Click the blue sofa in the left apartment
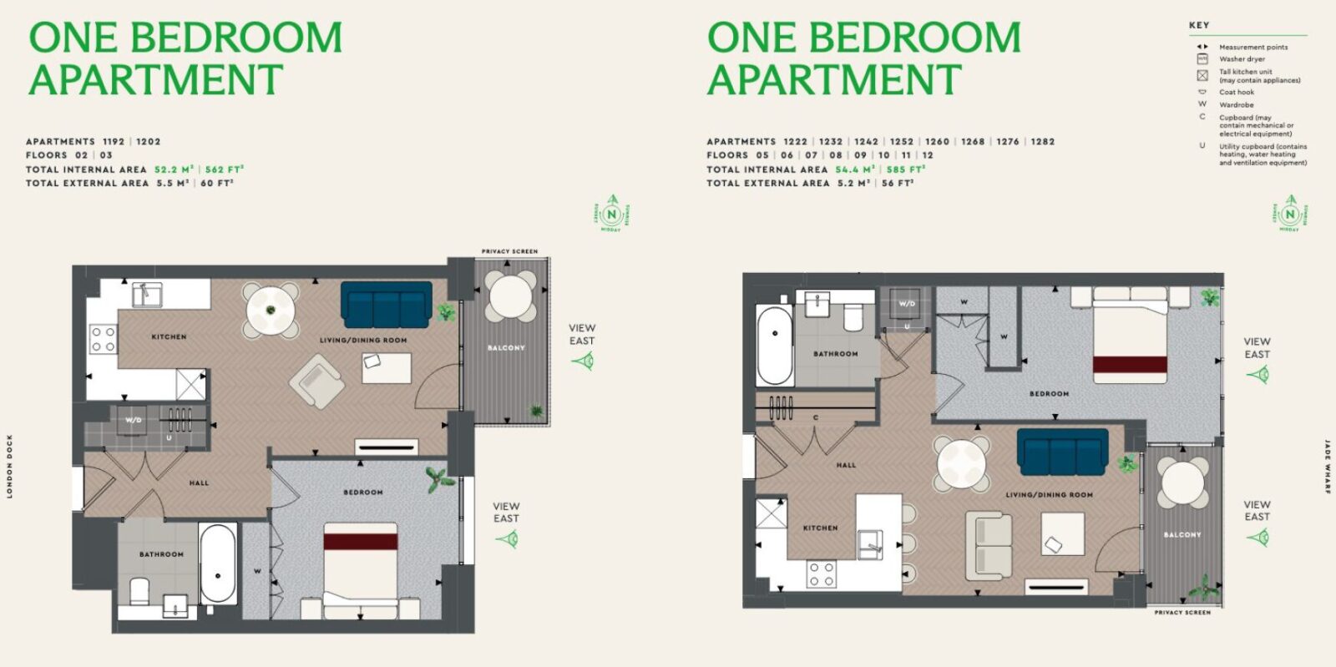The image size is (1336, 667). (386, 305)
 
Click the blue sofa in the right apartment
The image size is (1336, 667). (1062, 452)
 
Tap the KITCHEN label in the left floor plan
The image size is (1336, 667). (169, 337)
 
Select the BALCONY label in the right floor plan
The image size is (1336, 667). (1182, 535)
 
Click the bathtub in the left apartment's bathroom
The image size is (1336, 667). (218, 563)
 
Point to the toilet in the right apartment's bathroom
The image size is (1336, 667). (853, 318)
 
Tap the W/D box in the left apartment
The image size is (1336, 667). (134, 419)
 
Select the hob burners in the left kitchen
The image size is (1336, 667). (104, 340)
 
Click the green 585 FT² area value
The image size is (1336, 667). (905, 169)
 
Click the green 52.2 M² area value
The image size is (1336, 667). (174, 169)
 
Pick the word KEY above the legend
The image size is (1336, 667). (1198, 25)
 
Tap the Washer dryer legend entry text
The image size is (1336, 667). (1242, 59)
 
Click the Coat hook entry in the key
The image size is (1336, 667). (1236, 92)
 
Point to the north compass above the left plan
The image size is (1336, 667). (611, 214)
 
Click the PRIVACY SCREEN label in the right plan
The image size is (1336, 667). (1182, 613)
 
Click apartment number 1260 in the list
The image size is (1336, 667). (937, 142)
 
